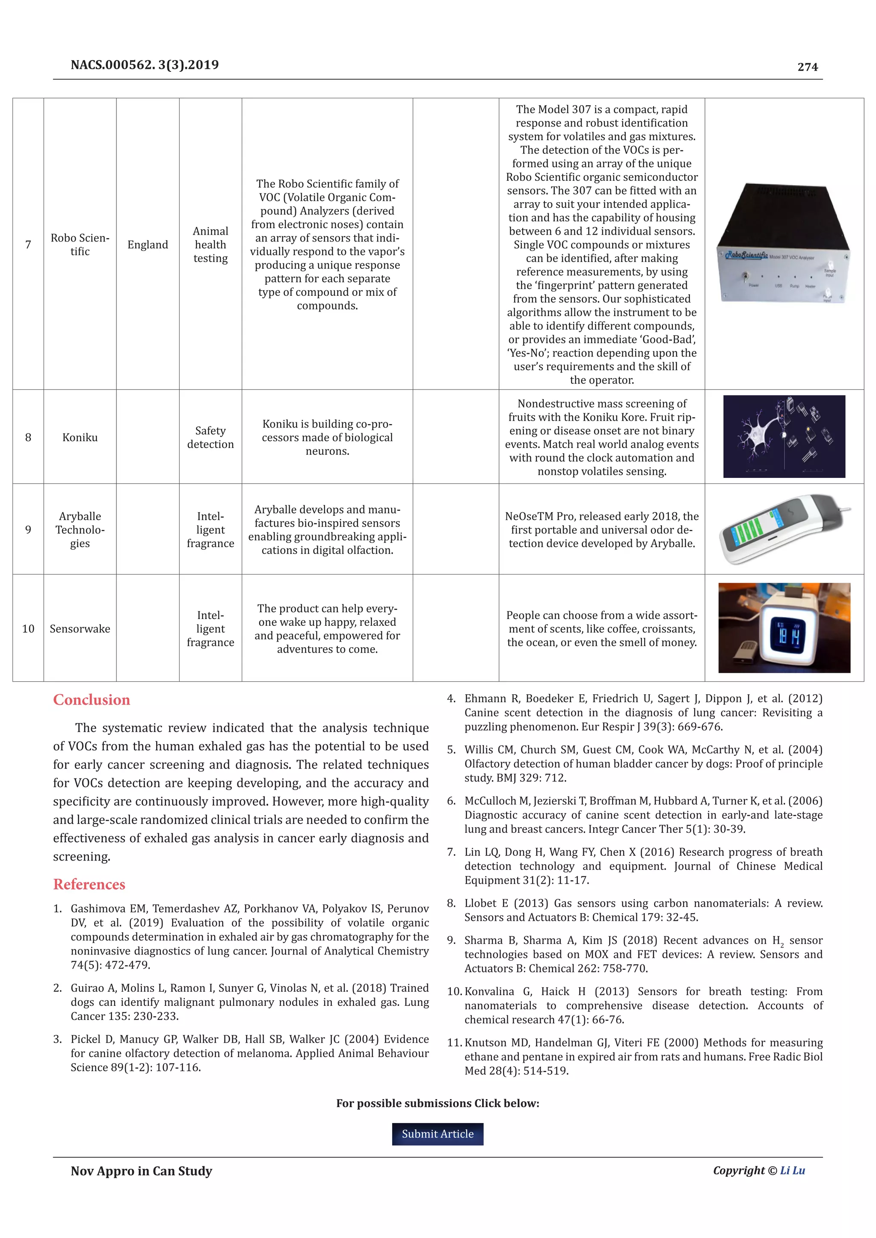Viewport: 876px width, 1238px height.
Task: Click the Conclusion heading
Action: [92, 700]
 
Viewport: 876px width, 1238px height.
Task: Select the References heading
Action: [89, 884]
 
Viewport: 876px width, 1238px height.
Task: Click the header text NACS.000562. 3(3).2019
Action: [145, 65]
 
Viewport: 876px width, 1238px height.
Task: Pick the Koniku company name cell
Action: [80, 437]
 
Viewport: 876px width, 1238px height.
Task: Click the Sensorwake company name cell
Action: [80, 629]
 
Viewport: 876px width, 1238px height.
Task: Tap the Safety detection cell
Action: [210, 437]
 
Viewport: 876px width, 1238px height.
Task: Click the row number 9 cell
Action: [28, 530]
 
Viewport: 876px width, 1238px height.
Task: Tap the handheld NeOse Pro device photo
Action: [781, 528]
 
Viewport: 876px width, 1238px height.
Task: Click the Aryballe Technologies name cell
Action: [80, 530]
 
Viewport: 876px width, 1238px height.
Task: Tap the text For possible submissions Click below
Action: [438, 1103]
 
